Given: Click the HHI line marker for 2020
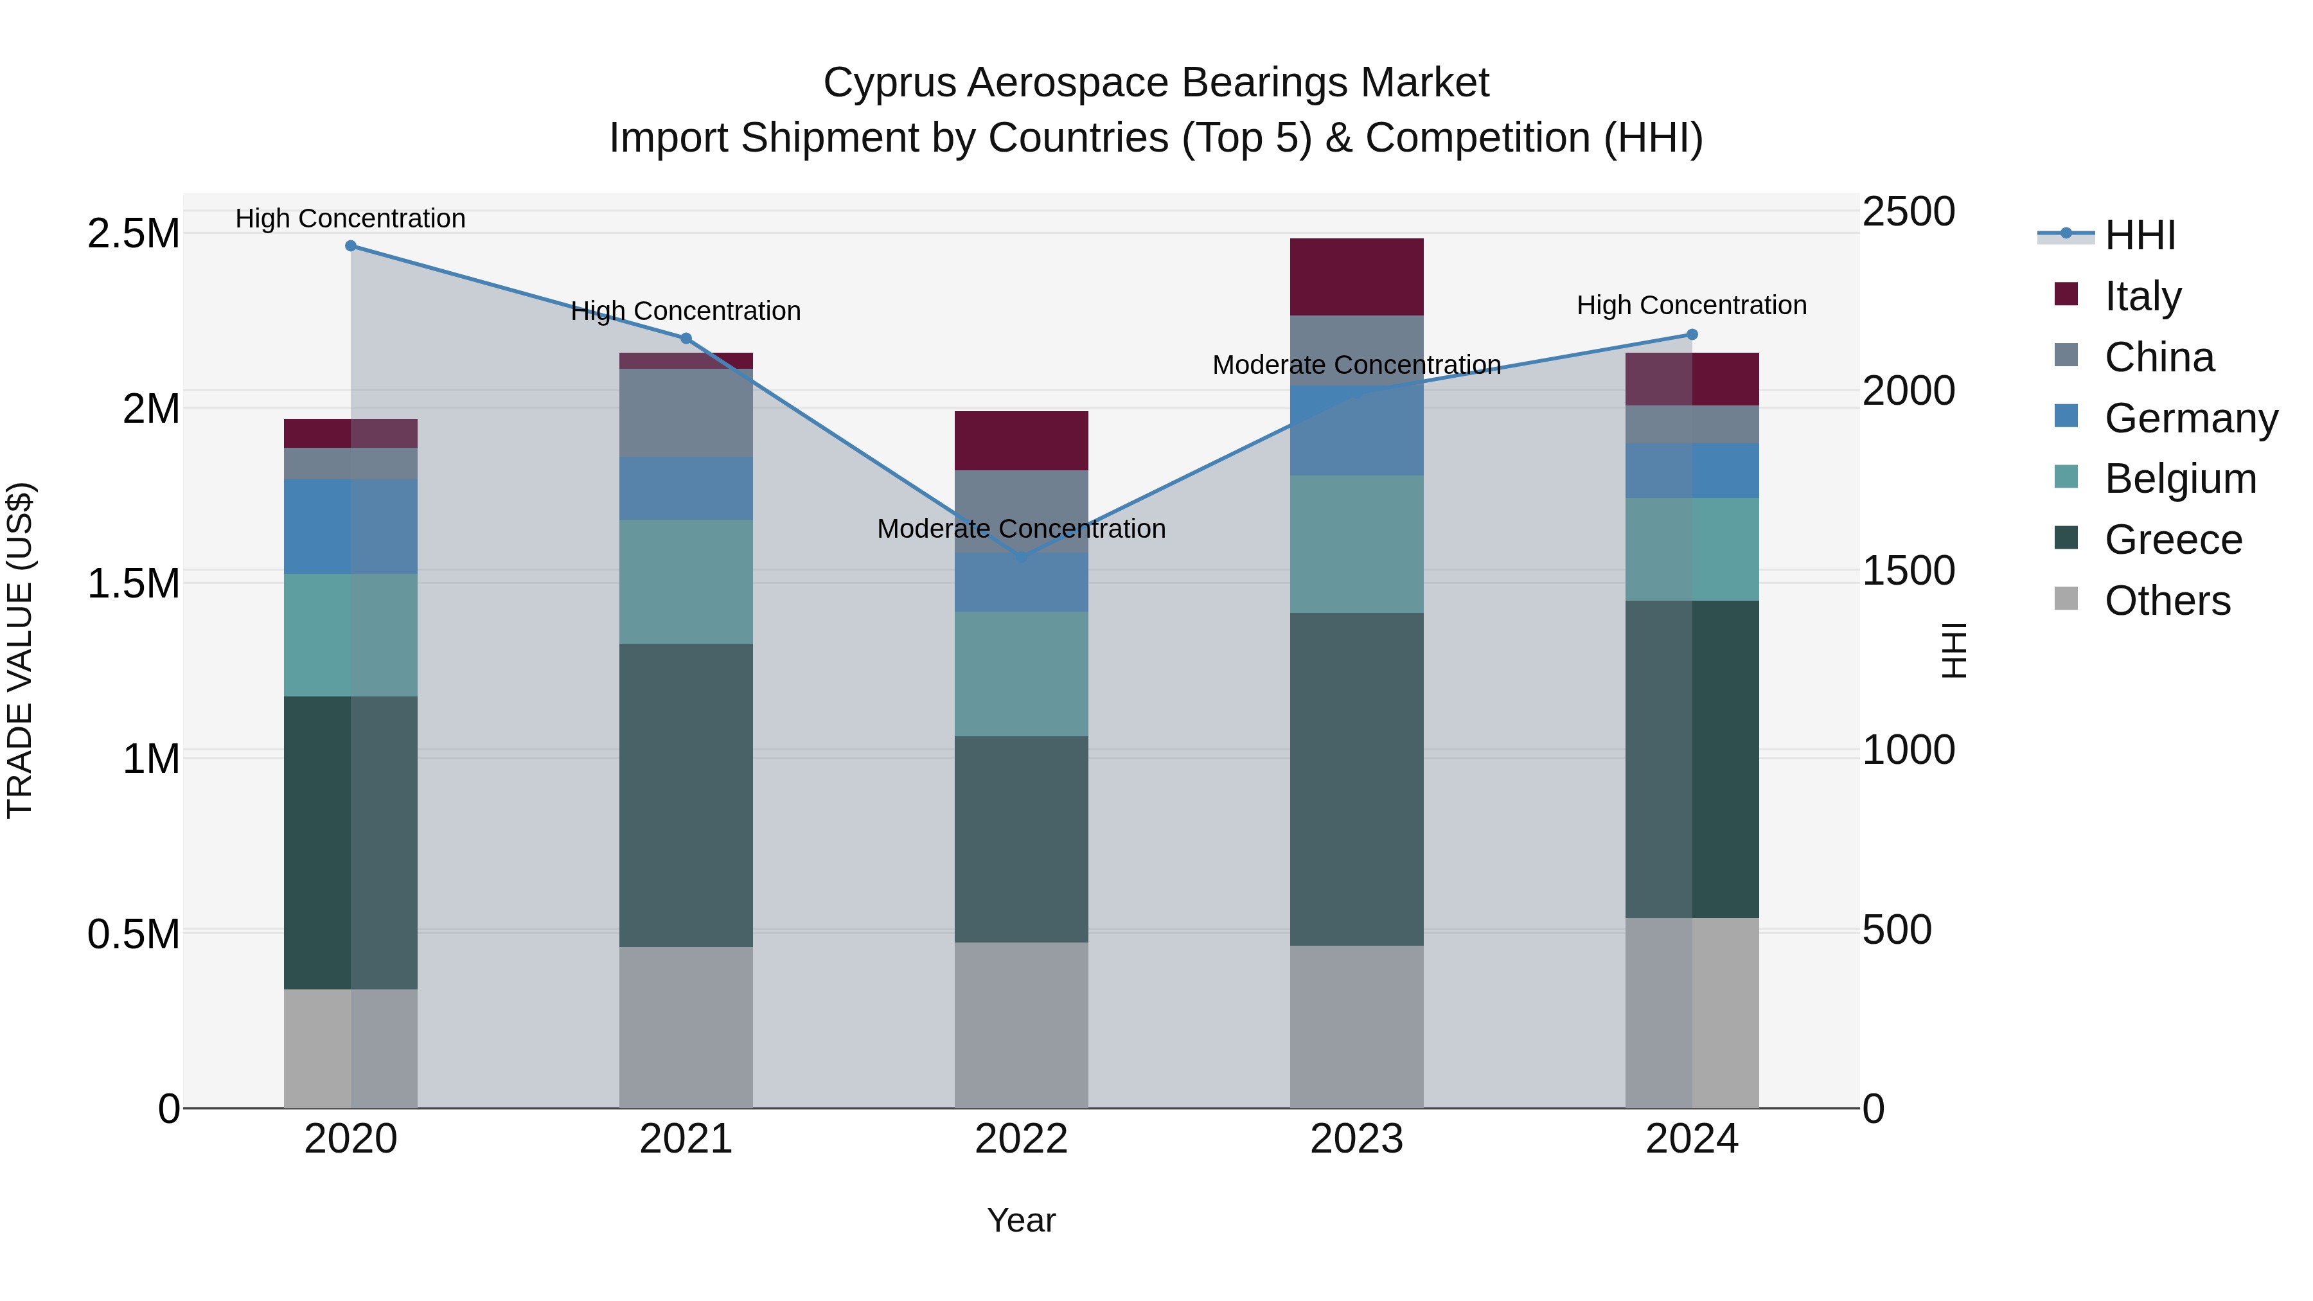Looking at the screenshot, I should coord(351,246).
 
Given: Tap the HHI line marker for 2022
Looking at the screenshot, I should coord(1021,558).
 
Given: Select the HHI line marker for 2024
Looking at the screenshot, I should coord(1692,335).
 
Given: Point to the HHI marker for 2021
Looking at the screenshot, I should coord(686,339).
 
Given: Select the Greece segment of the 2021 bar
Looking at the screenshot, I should coord(686,795).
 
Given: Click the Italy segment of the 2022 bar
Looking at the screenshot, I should coord(1021,440).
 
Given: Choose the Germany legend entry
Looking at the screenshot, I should coord(2191,418).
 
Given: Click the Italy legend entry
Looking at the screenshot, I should coord(2142,296).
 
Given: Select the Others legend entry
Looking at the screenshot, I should coord(2167,601).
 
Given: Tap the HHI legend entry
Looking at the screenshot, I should coord(2140,235).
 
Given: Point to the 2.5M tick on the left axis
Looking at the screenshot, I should coord(134,233).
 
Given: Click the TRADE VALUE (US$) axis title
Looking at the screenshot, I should coord(20,650).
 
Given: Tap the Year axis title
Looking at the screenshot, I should coord(1021,1220).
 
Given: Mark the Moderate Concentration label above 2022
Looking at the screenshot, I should coord(1021,529).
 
